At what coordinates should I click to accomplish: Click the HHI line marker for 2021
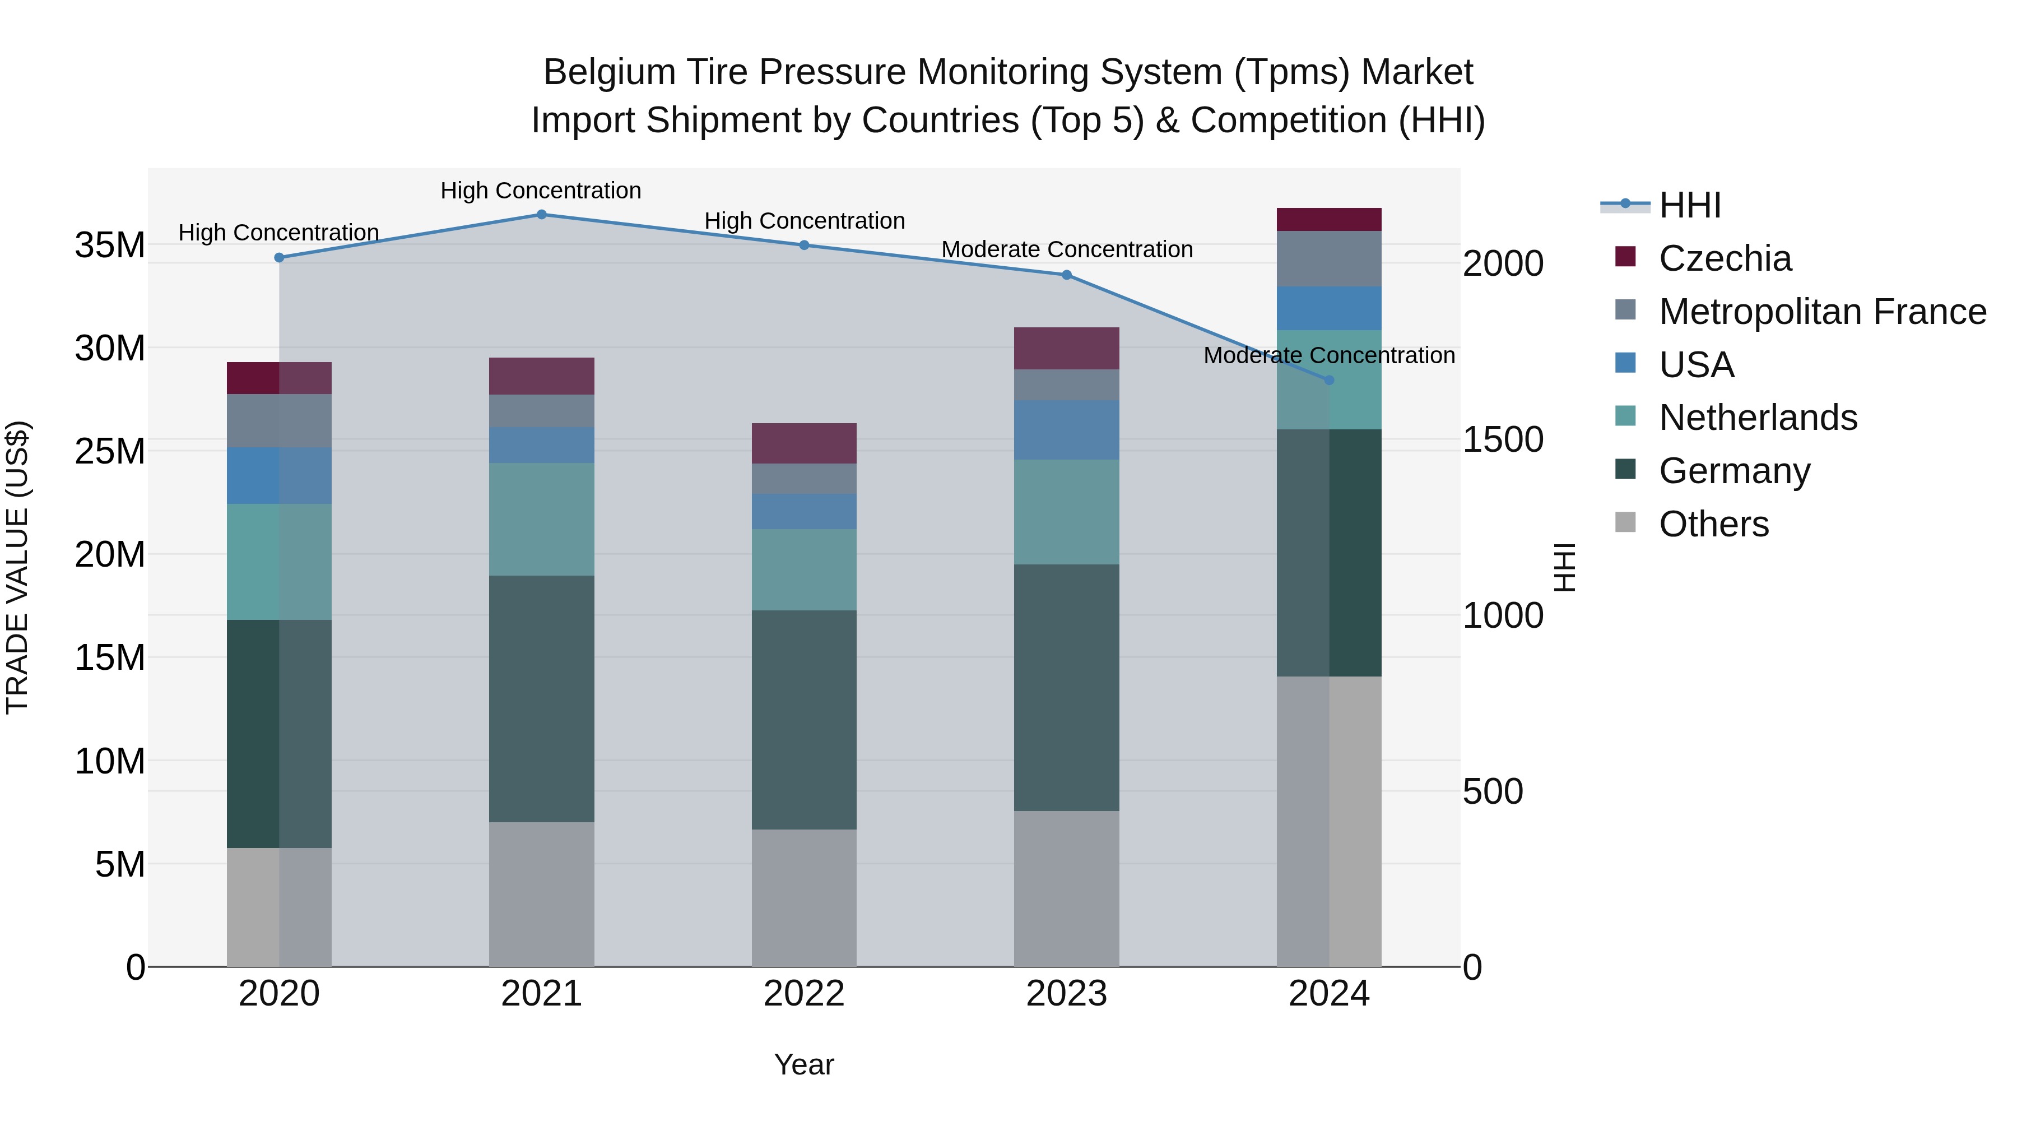541,215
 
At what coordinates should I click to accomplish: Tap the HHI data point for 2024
1329,380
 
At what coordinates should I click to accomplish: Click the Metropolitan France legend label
1822,312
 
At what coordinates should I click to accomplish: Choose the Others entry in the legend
1713,524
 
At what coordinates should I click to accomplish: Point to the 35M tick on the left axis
110,245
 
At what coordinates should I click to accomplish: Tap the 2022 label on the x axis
803,994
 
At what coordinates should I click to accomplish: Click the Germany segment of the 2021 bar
541,699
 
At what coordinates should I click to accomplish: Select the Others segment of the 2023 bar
1066,888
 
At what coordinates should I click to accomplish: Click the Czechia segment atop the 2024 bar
1329,219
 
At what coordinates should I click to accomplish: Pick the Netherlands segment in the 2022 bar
803,569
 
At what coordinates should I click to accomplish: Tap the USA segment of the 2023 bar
1066,430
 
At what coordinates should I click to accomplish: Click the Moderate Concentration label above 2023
1066,250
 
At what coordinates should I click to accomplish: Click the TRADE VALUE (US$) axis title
17,567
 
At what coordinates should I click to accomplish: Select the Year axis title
803,1064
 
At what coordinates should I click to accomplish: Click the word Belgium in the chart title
608,72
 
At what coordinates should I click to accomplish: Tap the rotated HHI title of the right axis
1564,567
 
